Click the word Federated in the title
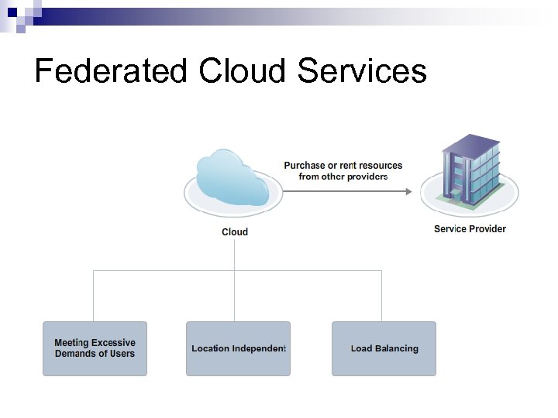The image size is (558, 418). coord(112,71)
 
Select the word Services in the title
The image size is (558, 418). coord(363,71)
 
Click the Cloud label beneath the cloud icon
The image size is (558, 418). coord(235,232)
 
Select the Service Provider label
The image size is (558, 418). coord(470,229)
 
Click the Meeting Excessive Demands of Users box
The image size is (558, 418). coord(95,348)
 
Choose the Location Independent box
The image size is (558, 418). coord(239,348)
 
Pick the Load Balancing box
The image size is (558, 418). coord(384,348)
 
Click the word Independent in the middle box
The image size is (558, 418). coord(259,348)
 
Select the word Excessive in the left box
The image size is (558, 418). coord(114,343)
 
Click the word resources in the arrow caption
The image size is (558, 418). coord(380,166)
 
